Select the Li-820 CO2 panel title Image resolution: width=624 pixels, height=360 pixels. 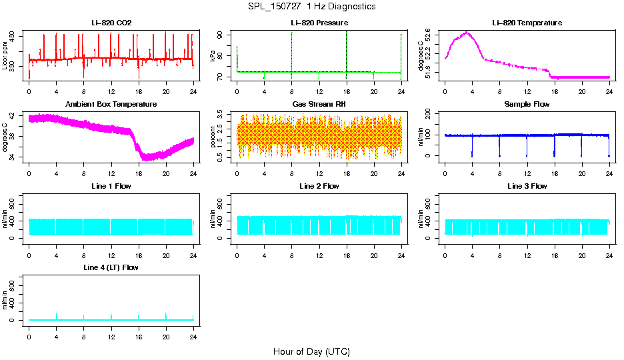[x=111, y=23]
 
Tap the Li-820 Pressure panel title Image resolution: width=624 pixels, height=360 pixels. [x=319, y=23]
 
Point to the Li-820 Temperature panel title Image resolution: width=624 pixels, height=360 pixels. [x=527, y=23]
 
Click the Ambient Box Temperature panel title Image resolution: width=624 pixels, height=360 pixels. [x=111, y=105]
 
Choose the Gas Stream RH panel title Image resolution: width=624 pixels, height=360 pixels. [x=319, y=105]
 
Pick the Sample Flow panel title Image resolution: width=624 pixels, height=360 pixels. [x=527, y=105]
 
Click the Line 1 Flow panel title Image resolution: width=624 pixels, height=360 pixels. [x=111, y=186]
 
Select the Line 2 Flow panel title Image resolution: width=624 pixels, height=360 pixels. [x=319, y=186]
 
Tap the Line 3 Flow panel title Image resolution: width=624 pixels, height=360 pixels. [x=527, y=186]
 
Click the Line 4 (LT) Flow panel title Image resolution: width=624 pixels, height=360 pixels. [x=111, y=267]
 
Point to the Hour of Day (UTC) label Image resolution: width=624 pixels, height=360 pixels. [x=311, y=351]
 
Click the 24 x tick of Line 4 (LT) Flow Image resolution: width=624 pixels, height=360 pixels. [x=193, y=337]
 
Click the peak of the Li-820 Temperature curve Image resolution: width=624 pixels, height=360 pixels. [x=466, y=32]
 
